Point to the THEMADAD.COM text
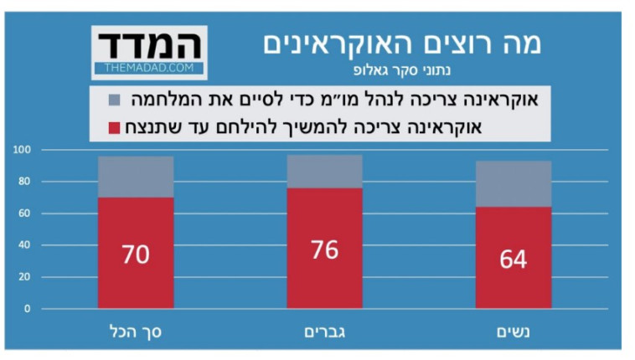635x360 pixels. [149, 67]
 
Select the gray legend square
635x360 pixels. [115, 101]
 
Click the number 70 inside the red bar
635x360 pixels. [135, 254]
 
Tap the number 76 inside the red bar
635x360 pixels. [324, 249]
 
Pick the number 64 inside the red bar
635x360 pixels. [513, 259]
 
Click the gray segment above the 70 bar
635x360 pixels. [135, 177]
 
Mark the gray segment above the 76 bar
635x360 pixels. [324, 171]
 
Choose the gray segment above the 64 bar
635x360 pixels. [513, 183]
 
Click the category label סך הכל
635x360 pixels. [136, 332]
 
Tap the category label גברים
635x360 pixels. [324, 332]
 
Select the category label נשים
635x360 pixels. [514, 332]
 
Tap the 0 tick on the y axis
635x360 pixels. [27, 309]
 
